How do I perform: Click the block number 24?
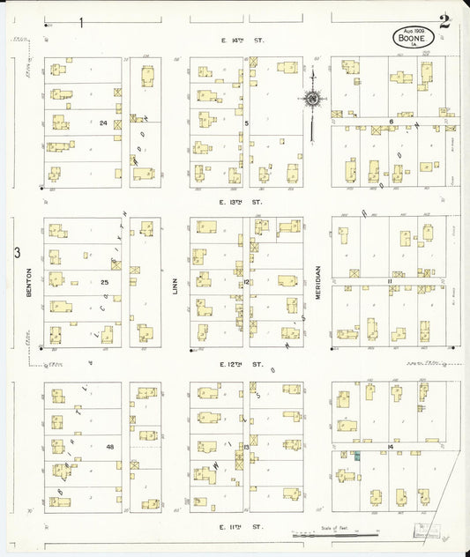(104, 123)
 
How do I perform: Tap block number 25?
(104, 282)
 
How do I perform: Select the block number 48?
(110, 447)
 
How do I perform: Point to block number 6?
(390, 122)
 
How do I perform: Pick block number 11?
(389, 281)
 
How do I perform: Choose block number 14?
(389, 447)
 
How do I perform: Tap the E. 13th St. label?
(244, 202)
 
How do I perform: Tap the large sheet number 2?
(445, 22)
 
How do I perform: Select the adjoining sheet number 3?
(16, 254)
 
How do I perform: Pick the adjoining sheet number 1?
(81, 22)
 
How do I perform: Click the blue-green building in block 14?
(358, 456)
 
